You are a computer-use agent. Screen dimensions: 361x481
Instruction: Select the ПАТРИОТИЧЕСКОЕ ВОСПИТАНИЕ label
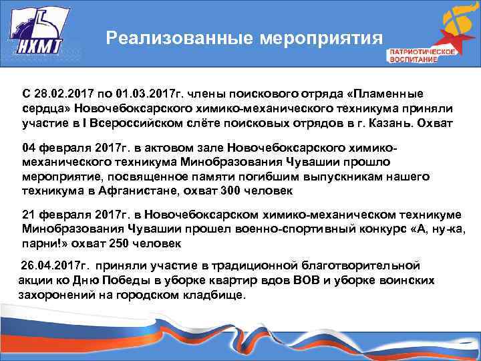[x=414, y=55]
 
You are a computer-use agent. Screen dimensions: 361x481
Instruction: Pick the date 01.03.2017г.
[x=137, y=94]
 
